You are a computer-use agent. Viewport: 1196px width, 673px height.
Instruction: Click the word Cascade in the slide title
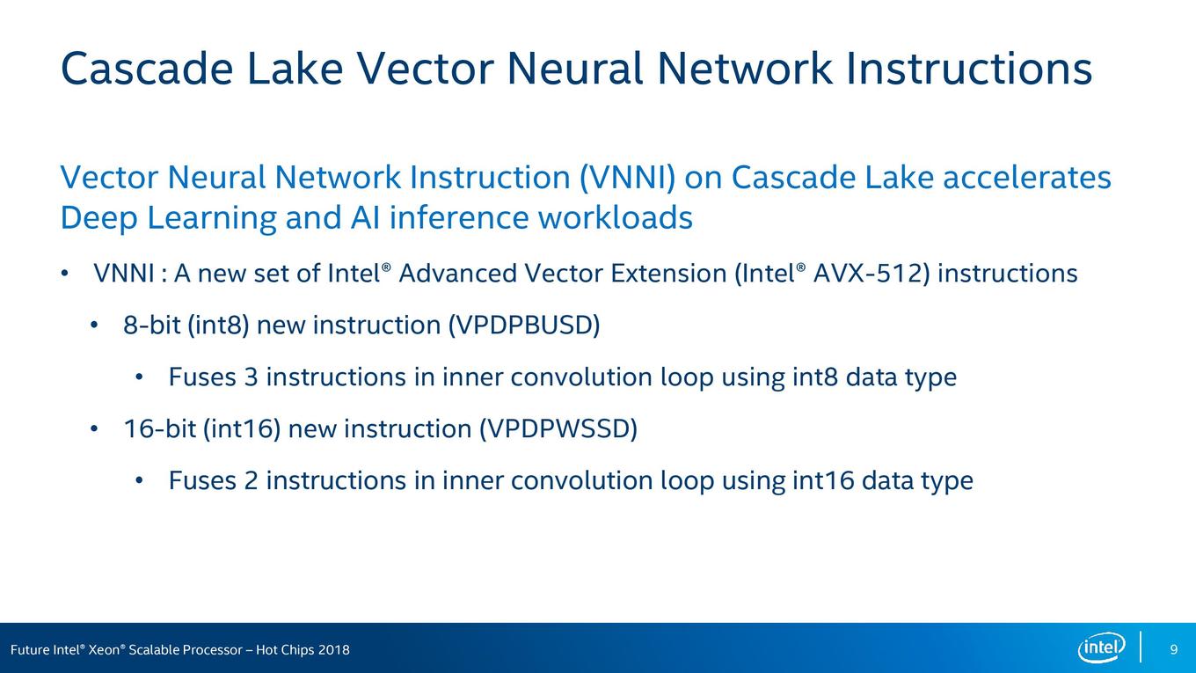click(148, 69)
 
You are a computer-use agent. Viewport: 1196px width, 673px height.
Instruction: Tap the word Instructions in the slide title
click(969, 69)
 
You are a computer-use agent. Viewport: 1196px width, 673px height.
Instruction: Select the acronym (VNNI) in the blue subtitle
click(628, 178)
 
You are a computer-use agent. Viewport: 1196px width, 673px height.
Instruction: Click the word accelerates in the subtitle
click(1027, 178)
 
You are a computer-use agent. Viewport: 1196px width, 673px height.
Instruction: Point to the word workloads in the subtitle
click(615, 218)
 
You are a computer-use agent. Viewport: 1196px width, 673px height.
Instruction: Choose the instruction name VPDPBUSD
click(524, 326)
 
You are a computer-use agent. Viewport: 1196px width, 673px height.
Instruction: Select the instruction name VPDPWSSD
click(558, 429)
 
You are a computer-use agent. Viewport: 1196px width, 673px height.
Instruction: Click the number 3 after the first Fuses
click(252, 377)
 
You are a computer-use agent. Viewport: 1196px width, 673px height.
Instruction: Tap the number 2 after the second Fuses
click(252, 480)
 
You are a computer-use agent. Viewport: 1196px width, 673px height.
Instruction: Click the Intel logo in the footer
click(1101, 647)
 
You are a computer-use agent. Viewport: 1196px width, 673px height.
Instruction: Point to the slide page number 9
click(1173, 649)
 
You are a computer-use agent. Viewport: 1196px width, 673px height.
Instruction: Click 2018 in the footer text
click(333, 650)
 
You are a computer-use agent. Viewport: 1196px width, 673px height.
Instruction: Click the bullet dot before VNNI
click(64, 274)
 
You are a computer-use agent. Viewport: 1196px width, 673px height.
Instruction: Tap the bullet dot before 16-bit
click(94, 429)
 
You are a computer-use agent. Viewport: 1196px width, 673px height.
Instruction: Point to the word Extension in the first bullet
click(668, 274)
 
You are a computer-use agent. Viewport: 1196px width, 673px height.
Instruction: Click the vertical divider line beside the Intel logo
click(1141, 647)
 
